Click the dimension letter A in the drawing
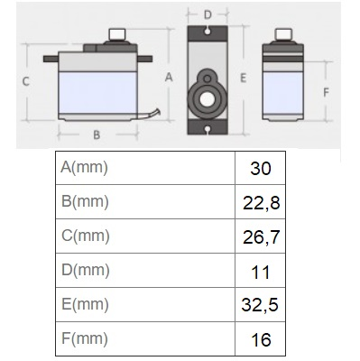pos(169,78)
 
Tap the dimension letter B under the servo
pos(97,134)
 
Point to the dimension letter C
pos(26,81)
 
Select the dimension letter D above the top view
pos(208,14)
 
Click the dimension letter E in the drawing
pos(243,79)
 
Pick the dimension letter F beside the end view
pos(326,92)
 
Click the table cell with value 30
pos(261,169)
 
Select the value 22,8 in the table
pos(261,203)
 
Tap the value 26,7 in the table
pos(261,237)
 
